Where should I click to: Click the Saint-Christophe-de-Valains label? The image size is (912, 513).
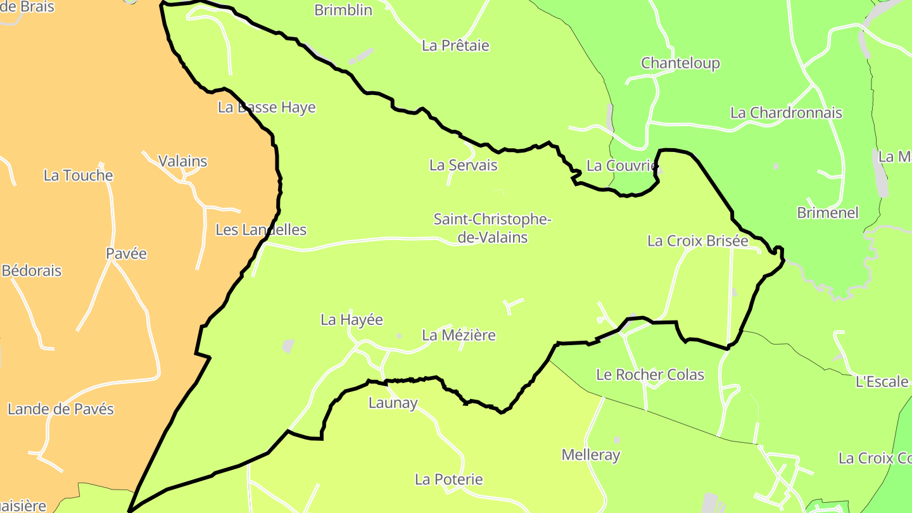click(x=492, y=228)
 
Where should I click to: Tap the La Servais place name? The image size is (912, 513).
click(x=463, y=165)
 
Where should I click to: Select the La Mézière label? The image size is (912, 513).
click(x=459, y=335)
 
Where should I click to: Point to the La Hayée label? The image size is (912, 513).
click(x=351, y=320)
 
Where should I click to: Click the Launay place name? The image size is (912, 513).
click(x=393, y=403)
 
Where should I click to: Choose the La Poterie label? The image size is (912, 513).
click(x=448, y=479)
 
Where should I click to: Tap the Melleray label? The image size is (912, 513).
click(x=590, y=455)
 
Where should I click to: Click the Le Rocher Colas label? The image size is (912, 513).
click(x=650, y=375)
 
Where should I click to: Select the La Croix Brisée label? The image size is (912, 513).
click(x=697, y=241)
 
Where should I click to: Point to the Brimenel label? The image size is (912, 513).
click(x=827, y=213)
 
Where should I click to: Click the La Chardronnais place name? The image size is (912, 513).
click(x=786, y=113)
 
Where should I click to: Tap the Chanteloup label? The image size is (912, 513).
click(x=680, y=63)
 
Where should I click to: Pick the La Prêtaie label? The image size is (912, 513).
click(x=455, y=46)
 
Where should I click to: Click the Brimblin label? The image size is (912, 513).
click(x=343, y=10)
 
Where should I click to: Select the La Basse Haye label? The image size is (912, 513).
click(x=266, y=108)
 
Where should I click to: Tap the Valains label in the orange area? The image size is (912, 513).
click(x=182, y=161)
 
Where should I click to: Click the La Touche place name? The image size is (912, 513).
click(x=78, y=175)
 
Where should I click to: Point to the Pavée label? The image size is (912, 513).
click(x=126, y=254)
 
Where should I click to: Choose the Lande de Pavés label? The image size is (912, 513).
click(x=60, y=409)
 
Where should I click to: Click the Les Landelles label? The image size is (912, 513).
click(x=260, y=230)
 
